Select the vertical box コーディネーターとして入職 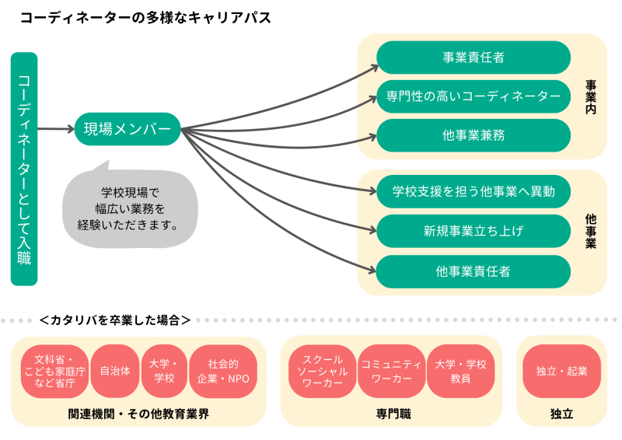[x=24, y=169]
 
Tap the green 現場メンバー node [x=127, y=129]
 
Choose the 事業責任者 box [x=473, y=57]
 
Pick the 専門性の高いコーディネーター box [x=473, y=96]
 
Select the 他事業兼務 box [x=473, y=135]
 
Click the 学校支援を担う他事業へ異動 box [x=473, y=191]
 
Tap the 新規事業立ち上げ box [x=473, y=231]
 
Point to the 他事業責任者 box [x=473, y=271]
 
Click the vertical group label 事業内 [x=591, y=97]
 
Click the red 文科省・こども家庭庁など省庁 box [x=54, y=371]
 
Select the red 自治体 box [x=115, y=371]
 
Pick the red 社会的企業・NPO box [x=222, y=371]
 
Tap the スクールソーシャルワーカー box [x=322, y=371]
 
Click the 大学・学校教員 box [x=460, y=371]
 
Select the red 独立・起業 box [x=561, y=371]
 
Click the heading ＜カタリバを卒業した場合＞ [x=114, y=320]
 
